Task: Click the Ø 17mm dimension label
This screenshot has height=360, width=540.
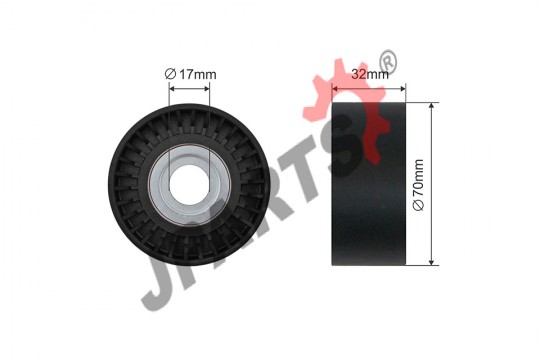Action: (190, 74)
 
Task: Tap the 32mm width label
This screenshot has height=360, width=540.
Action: (370, 74)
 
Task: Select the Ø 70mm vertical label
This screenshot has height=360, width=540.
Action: (418, 185)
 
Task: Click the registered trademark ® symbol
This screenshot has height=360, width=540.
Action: (388, 62)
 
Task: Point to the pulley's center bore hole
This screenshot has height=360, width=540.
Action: (189, 185)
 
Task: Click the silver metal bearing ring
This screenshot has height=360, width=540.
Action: (189, 185)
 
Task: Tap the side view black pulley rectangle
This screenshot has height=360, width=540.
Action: (369, 184)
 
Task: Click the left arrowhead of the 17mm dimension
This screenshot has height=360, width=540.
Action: (172, 89)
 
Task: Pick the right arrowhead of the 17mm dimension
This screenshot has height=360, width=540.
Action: (207, 89)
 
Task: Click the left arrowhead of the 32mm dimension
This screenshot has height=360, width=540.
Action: (334, 89)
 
